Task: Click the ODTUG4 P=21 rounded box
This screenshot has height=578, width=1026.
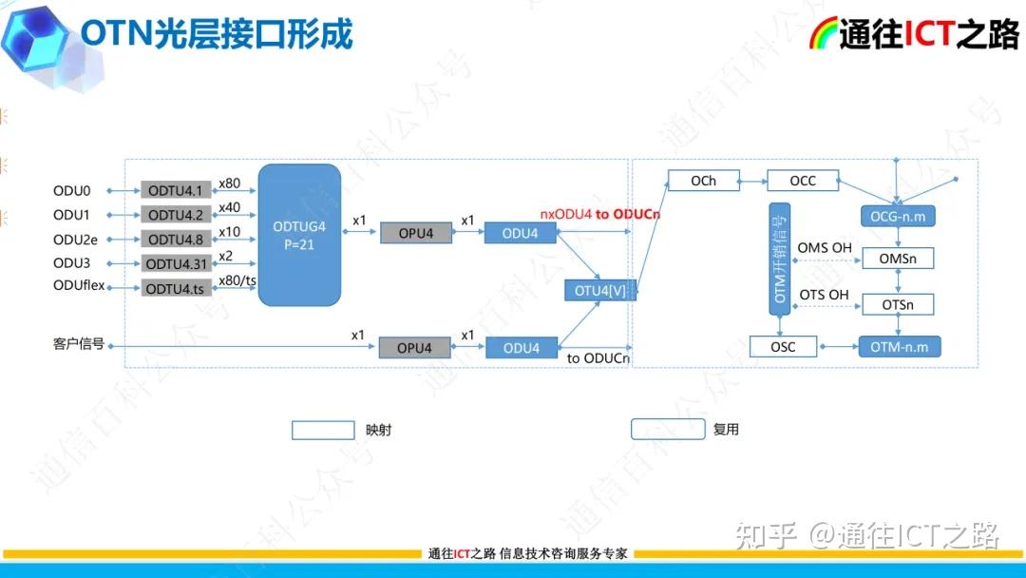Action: [x=299, y=235]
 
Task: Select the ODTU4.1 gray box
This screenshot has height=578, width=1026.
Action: [x=176, y=190]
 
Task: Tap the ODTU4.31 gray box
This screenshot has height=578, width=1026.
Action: [x=176, y=263]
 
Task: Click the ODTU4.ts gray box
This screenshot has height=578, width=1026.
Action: [x=176, y=288]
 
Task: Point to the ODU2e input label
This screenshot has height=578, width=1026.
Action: [x=75, y=240]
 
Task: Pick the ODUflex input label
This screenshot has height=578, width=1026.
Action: [x=79, y=286]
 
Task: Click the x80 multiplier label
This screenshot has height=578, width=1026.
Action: [x=229, y=183]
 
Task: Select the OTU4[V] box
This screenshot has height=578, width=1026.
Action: [x=600, y=291]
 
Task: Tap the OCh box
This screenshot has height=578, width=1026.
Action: [x=704, y=181]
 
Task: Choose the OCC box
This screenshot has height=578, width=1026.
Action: [x=803, y=181]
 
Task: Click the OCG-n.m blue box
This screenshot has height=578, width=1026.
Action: [x=898, y=217]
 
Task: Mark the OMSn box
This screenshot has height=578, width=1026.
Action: [x=898, y=259]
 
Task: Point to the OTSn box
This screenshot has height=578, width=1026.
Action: [x=898, y=304]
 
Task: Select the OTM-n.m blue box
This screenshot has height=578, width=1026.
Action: [x=899, y=347]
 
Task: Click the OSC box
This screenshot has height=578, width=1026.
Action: [x=784, y=347]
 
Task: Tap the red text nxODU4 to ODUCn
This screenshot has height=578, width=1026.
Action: [x=599, y=214]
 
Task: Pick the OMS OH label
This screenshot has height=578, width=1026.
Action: [x=823, y=249]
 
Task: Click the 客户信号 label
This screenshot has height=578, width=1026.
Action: [x=79, y=343]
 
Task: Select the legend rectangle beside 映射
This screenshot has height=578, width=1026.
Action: [x=323, y=430]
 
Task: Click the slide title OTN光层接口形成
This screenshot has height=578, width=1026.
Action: [x=217, y=34]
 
